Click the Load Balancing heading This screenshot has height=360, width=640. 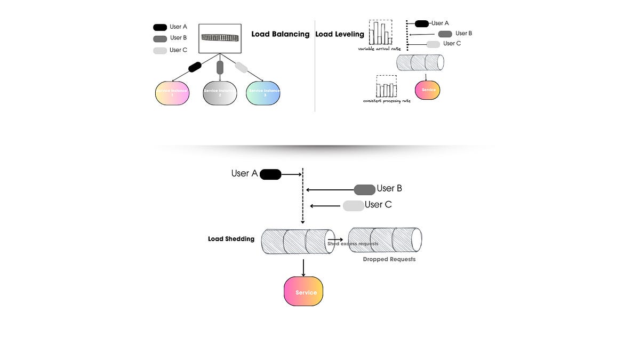pos(280,34)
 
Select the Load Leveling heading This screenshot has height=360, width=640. pos(340,34)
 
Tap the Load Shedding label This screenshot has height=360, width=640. pos(231,239)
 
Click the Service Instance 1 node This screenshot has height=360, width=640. pos(172,93)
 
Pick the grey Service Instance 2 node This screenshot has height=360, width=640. pos(220,93)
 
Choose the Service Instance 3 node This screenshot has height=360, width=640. pos(263,93)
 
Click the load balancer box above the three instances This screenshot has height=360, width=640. pos(219,38)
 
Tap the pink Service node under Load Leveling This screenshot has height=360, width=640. pos(428,90)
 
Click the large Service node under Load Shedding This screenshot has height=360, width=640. pos(303,291)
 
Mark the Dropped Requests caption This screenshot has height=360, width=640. pos(389,259)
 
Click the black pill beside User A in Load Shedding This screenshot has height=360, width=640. pos(270,174)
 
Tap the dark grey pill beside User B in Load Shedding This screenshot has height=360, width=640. pos(365,189)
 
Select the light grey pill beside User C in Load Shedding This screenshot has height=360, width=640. pos(353,205)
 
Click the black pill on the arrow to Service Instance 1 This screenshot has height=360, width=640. pos(195,67)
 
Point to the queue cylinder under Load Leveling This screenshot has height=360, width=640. pos(420,62)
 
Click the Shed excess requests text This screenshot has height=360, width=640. pos(353,244)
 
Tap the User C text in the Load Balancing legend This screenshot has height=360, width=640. pos(178,50)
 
